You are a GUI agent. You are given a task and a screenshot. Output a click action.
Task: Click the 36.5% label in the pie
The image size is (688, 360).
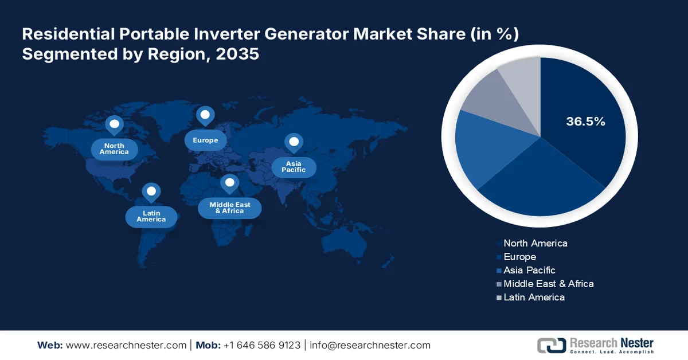585,122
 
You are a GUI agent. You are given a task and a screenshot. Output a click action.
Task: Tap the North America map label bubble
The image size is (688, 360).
114,149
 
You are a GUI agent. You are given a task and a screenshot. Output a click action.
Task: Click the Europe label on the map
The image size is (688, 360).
205,140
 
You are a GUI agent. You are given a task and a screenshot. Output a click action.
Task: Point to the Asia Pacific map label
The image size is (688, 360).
293,167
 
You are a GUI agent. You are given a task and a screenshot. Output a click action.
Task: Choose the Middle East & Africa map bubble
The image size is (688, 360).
229,208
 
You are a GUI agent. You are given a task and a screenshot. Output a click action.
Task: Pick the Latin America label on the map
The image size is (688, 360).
151,216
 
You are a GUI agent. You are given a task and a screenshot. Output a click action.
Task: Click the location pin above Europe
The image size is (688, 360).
205,115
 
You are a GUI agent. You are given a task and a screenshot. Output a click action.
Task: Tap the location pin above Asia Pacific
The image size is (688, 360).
294,142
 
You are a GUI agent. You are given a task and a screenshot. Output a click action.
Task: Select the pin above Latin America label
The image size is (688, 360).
151,191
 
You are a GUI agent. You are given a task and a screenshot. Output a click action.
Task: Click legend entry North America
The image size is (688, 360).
535,243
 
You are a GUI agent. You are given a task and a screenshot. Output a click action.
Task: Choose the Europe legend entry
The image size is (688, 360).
519,257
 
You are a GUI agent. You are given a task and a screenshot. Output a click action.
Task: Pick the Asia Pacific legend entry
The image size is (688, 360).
529,270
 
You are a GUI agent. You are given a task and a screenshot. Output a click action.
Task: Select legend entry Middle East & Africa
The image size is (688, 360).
548,284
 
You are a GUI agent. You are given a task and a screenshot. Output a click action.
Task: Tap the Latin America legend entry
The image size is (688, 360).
534,297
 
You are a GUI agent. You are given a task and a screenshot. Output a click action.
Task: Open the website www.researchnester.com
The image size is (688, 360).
126,345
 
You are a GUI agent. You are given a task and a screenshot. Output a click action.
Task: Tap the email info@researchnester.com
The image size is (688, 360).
370,345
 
